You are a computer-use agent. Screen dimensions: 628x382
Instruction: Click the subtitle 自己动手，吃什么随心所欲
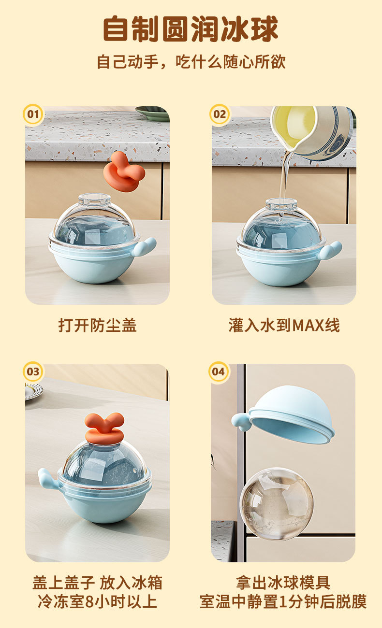tap(191, 62)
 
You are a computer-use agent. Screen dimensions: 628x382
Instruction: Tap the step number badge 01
tap(33, 114)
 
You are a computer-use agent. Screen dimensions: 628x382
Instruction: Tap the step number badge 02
tap(220, 114)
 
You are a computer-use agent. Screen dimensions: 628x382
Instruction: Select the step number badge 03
tap(33, 371)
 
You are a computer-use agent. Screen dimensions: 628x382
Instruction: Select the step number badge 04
tap(219, 371)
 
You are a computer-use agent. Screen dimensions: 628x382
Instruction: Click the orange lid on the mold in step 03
tap(104, 428)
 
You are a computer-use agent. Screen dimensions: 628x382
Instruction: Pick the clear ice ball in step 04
tap(277, 504)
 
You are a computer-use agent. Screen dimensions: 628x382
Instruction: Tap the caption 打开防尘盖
tap(97, 325)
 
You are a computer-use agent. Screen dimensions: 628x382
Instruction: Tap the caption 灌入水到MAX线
tap(284, 325)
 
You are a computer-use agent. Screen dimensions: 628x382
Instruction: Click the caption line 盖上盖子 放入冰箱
tap(97, 583)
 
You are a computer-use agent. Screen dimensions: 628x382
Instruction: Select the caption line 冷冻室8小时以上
tap(97, 602)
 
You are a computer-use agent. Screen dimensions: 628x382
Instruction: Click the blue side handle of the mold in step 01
tap(145, 246)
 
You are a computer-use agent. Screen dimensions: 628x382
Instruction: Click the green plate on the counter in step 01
tap(153, 114)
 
